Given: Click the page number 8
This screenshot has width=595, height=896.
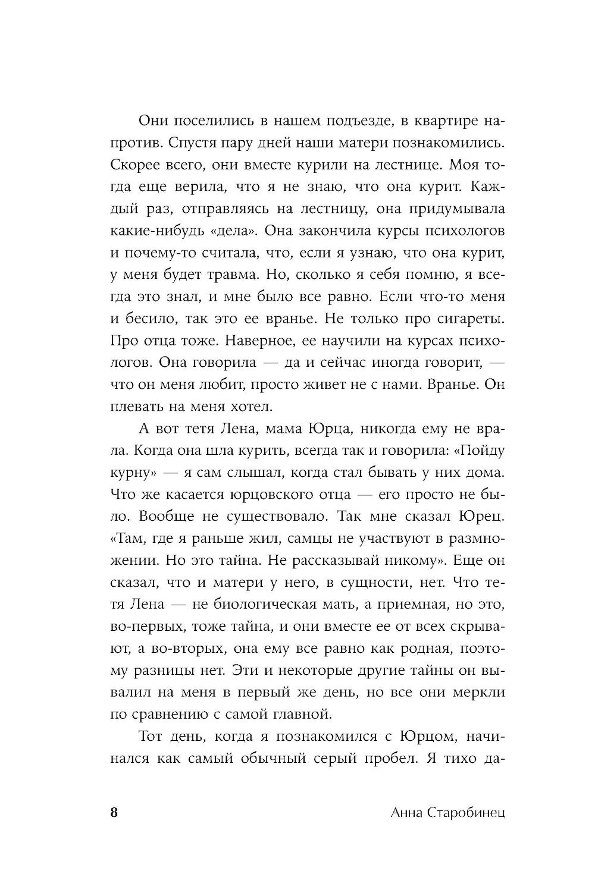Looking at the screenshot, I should click(114, 813).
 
